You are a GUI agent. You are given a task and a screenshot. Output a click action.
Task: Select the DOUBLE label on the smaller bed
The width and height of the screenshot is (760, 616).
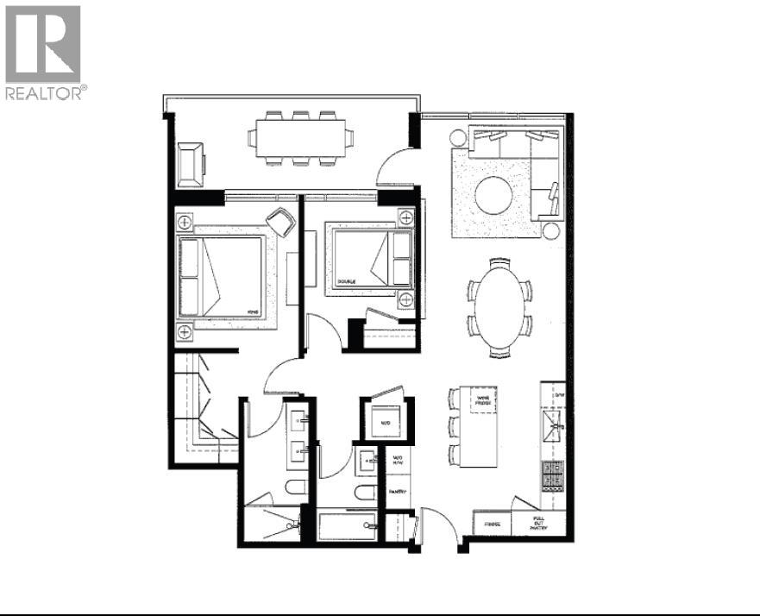(347, 281)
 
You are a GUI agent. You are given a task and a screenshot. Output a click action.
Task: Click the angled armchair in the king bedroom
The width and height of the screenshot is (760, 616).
(280, 222)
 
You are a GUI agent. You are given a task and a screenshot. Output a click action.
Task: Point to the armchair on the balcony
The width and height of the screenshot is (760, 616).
(189, 164)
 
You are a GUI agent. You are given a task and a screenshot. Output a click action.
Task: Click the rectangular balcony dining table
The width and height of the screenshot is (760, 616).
(300, 137)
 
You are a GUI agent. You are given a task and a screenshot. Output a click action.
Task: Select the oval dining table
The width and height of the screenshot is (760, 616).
(499, 306)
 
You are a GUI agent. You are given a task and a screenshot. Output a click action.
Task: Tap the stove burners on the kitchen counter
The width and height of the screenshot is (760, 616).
(551, 475)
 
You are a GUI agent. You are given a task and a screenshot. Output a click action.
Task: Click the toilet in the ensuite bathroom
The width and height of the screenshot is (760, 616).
(294, 488)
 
